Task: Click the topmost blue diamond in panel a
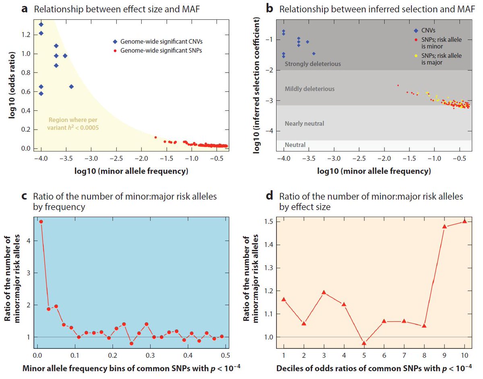click(x=41, y=25)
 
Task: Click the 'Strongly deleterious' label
click(x=313, y=64)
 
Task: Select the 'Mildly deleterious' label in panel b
click(x=310, y=89)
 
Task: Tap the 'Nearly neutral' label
click(x=304, y=124)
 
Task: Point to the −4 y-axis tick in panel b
click(x=268, y=131)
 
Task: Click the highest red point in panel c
click(x=41, y=222)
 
